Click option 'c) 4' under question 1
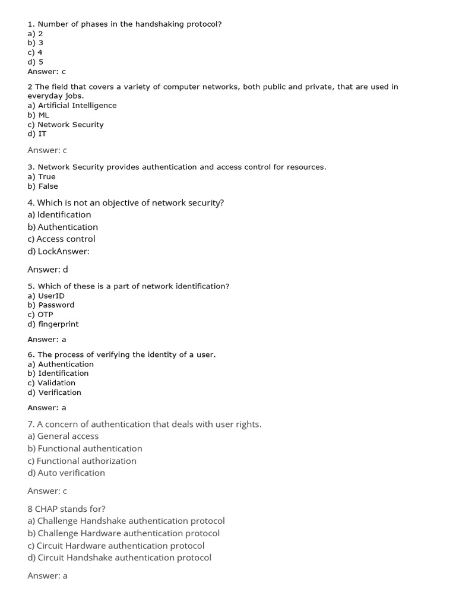pyautogui.click(x=35, y=52)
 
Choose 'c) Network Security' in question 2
pyautogui.click(x=65, y=125)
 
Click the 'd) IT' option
pyautogui.click(x=37, y=134)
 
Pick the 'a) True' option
pyautogui.click(x=42, y=177)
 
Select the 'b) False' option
pyautogui.click(x=43, y=186)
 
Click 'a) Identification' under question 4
pyautogui.click(x=59, y=215)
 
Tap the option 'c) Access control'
pyautogui.click(x=61, y=239)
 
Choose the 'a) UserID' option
pyautogui.click(x=46, y=296)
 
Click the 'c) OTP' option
pyautogui.click(x=40, y=315)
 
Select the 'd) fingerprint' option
pyautogui.click(x=53, y=324)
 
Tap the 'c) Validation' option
pyautogui.click(x=51, y=383)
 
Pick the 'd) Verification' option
pyautogui.click(x=54, y=392)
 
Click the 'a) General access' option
pyautogui.click(x=63, y=436)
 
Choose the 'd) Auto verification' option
pyautogui.click(x=66, y=473)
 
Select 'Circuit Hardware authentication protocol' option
pyautogui.click(x=116, y=546)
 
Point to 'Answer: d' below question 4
pyautogui.click(x=47, y=270)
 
